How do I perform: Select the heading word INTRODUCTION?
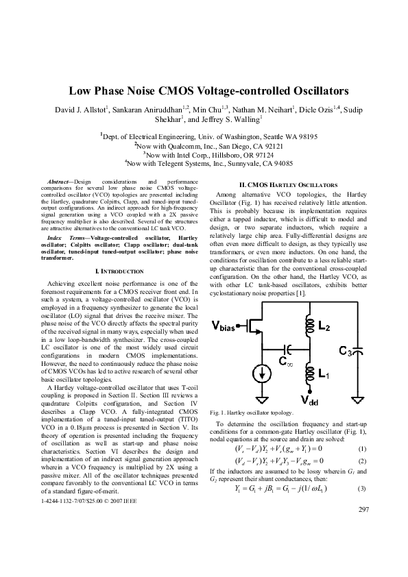click(121, 271)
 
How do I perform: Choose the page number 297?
click(363, 530)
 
